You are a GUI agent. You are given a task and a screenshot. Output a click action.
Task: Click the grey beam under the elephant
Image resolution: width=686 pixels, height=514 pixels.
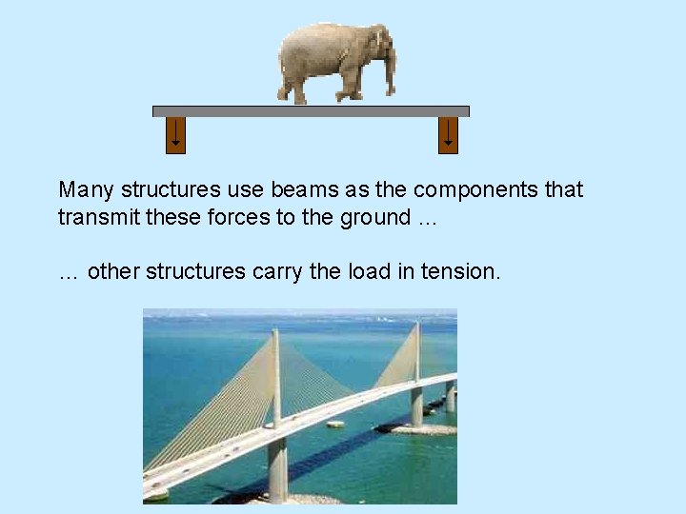(311, 111)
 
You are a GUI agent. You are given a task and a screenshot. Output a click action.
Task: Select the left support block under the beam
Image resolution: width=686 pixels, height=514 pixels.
(175, 135)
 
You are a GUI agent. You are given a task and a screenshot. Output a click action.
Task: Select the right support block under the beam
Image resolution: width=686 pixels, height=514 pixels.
(448, 135)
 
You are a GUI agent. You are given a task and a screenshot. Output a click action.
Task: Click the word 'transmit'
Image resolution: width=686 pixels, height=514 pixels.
(94, 217)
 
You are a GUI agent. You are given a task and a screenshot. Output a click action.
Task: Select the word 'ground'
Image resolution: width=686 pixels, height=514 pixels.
(375, 218)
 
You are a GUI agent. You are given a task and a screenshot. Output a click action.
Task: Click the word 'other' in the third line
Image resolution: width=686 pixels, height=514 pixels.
(113, 271)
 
